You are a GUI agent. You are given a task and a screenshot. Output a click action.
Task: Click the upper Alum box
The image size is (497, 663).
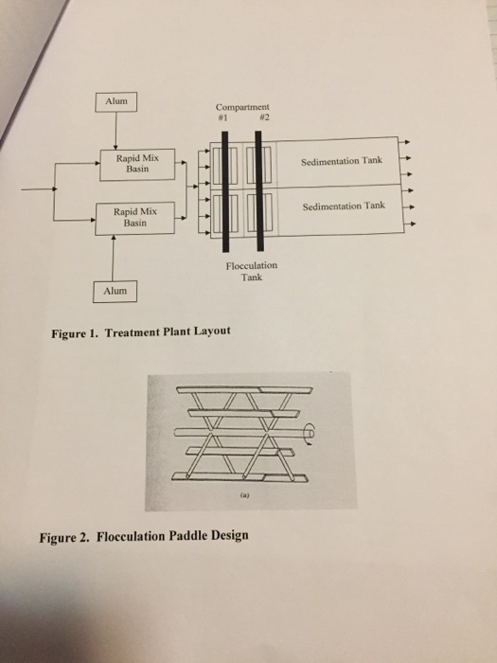pyautogui.click(x=115, y=99)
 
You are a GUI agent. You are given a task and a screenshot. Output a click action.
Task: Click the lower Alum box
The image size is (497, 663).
pyautogui.click(x=115, y=289)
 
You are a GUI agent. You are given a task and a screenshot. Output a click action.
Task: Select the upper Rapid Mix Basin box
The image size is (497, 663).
pyautogui.click(x=131, y=167)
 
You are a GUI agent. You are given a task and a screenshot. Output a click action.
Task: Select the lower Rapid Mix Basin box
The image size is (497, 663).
pyautogui.click(x=131, y=218)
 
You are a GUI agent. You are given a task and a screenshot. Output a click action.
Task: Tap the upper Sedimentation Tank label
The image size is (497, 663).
pyautogui.click(x=342, y=161)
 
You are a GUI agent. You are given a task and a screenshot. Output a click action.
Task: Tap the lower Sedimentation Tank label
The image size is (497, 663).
pyautogui.click(x=342, y=206)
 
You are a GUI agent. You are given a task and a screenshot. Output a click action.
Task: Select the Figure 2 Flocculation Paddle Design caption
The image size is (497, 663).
pyautogui.click(x=143, y=535)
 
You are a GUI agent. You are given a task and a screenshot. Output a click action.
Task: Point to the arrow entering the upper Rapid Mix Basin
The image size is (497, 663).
pyautogui.click(x=99, y=163)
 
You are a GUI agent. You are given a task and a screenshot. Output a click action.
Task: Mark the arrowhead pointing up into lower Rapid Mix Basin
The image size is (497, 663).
pyautogui.click(x=115, y=239)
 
